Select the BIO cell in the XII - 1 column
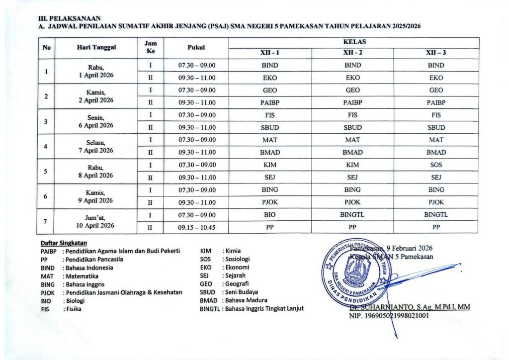click(269, 215)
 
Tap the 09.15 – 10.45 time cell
click(197, 227)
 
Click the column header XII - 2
click(352, 53)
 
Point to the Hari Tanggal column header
click(96, 48)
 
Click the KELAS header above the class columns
click(353, 43)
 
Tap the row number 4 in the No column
click(46, 146)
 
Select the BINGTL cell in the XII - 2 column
click(352, 215)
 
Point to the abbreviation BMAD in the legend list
click(208, 300)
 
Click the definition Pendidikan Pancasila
click(93, 259)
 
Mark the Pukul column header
click(197, 48)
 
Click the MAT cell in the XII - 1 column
click(269, 140)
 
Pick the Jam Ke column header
click(150, 48)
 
